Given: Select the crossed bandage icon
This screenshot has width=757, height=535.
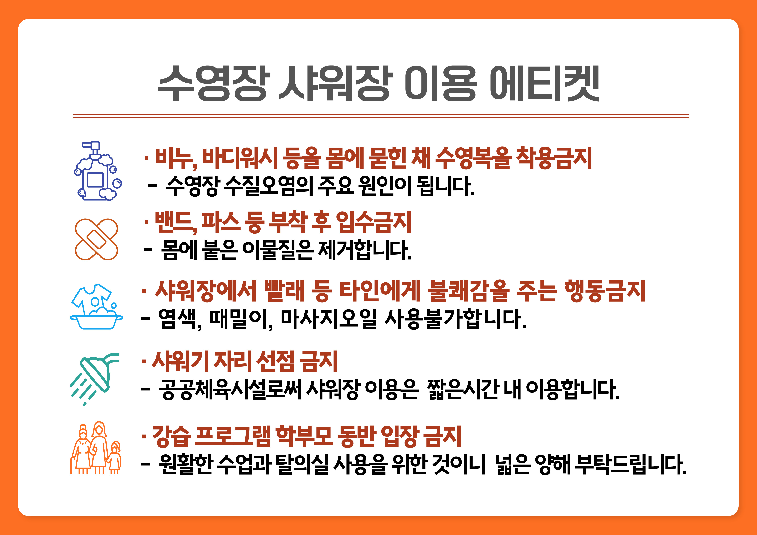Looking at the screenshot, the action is pyautogui.click(x=96, y=239).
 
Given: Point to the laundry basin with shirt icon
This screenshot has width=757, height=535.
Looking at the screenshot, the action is pyautogui.click(x=96, y=307).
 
